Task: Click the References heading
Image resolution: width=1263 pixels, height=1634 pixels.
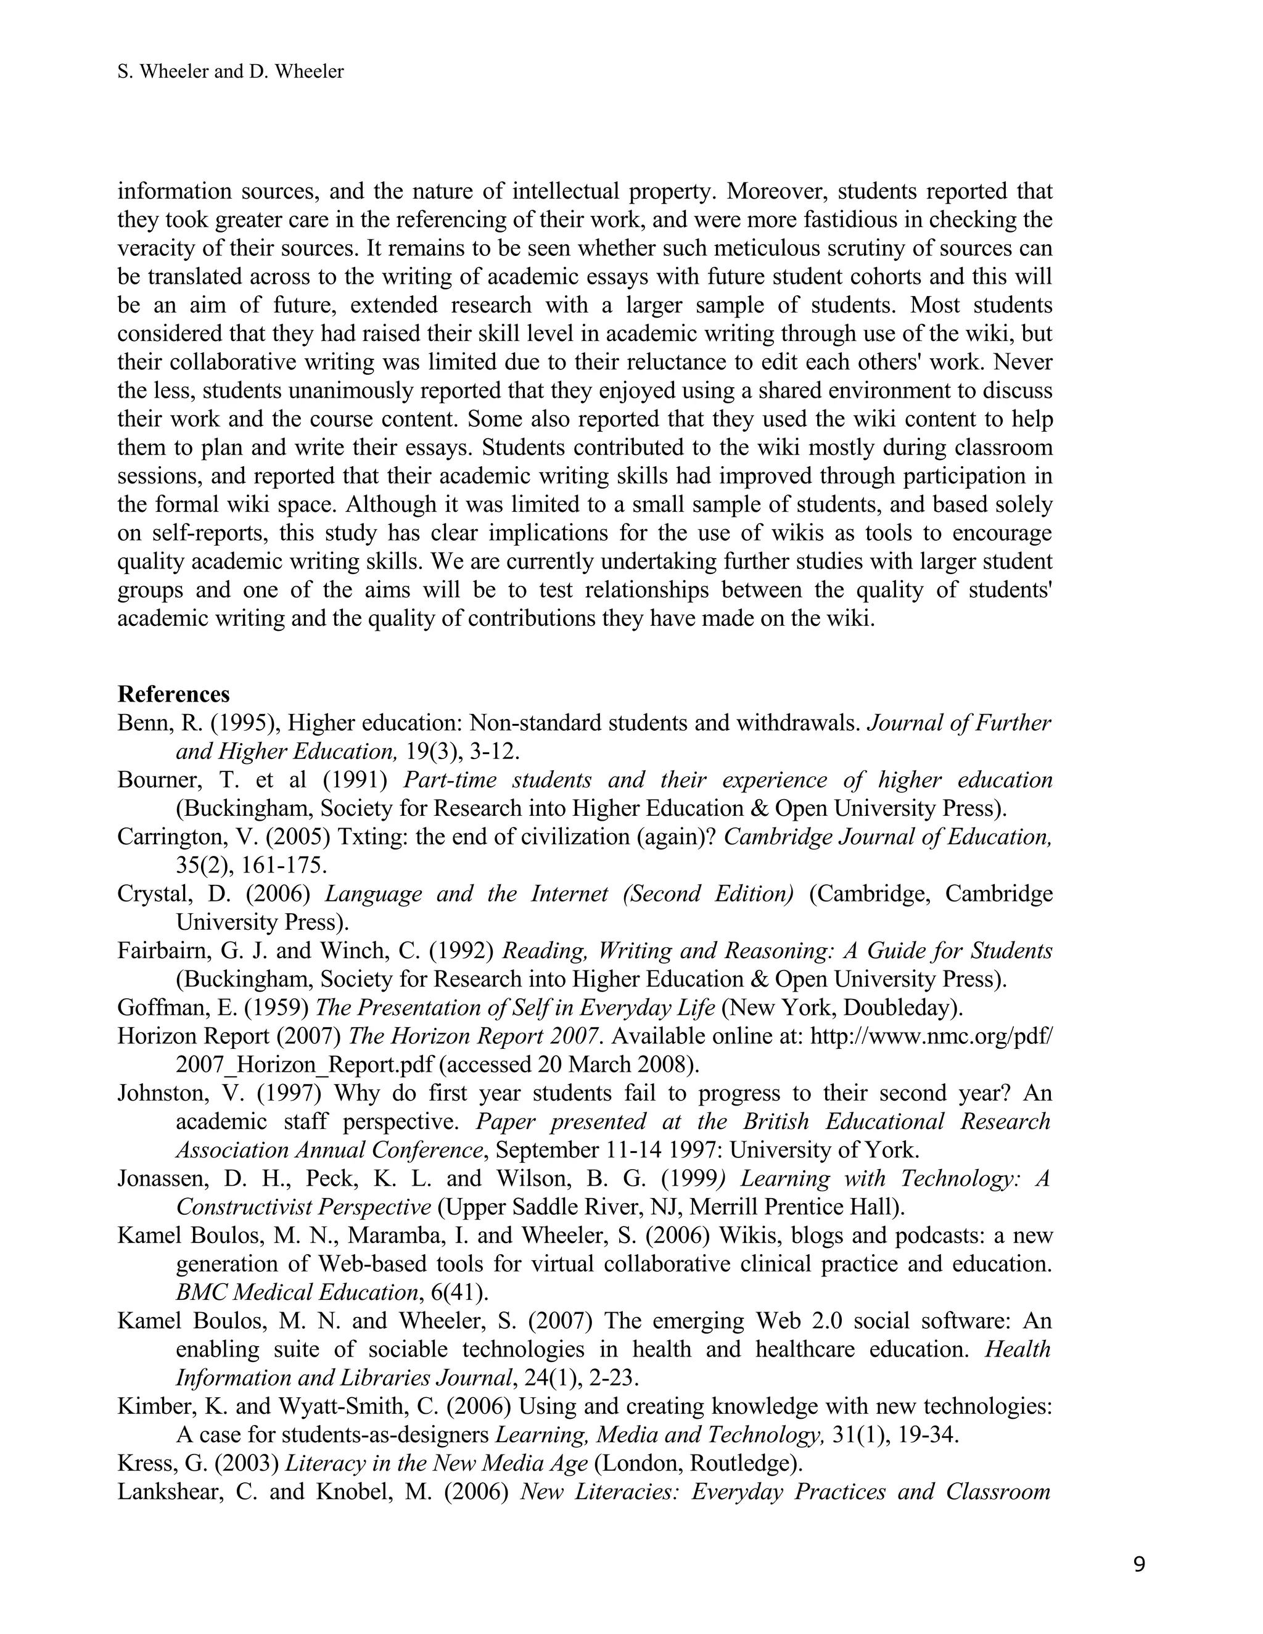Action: coord(173,694)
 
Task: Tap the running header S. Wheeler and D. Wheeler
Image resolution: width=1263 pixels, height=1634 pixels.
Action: coord(231,72)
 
